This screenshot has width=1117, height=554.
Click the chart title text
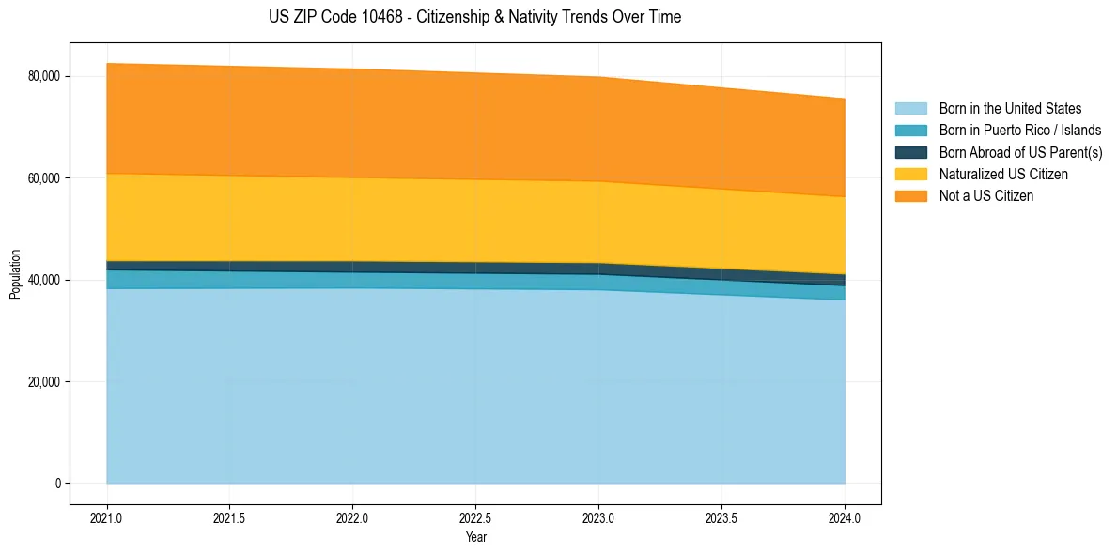pyautogui.click(x=474, y=17)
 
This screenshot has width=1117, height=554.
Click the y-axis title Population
pyautogui.click(x=15, y=273)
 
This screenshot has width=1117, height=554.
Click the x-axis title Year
pyautogui.click(x=475, y=537)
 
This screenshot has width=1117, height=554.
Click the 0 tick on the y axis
pyautogui.click(x=56, y=484)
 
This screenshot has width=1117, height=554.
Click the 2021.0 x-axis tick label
pyautogui.click(x=107, y=517)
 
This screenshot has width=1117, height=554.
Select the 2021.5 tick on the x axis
pyautogui.click(x=230, y=517)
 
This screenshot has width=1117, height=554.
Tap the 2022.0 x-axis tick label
pyautogui.click(x=353, y=517)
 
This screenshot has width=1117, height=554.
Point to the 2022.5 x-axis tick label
pyautogui.click(x=476, y=517)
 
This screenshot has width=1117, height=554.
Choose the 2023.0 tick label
pyautogui.click(x=598, y=517)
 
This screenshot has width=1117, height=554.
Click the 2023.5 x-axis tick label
pyautogui.click(x=721, y=517)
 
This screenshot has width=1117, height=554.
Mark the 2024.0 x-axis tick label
pyautogui.click(x=845, y=517)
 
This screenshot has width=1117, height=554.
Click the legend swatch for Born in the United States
pyautogui.click(x=910, y=109)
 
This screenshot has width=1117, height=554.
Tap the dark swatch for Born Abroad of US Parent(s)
pyautogui.click(x=910, y=152)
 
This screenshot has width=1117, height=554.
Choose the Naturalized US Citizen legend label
pyautogui.click(x=1003, y=175)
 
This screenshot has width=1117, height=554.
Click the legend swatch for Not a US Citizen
pyautogui.click(x=910, y=196)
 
